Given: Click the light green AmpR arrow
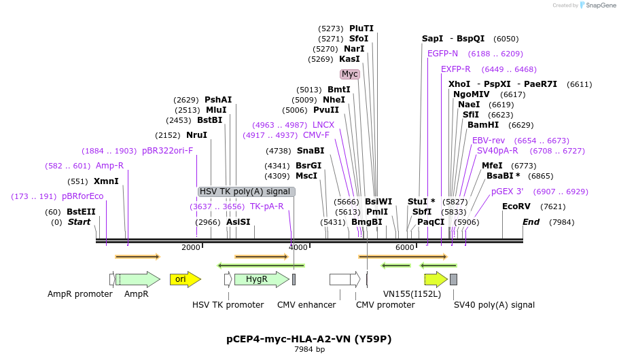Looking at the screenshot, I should (x=139, y=279).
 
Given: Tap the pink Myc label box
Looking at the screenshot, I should (x=349, y=74).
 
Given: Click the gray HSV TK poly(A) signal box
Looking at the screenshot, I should (x=246, y=192).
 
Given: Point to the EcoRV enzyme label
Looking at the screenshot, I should (x=516, y=206).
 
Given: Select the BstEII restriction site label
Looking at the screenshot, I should (x=81, y=212).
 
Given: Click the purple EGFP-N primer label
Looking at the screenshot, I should (x=442, y=54).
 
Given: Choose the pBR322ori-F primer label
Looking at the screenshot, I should (x=167, y=151).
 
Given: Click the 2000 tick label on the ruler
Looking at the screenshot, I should (x=191, y=247).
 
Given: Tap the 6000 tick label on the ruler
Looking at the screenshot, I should (x=405, y=247).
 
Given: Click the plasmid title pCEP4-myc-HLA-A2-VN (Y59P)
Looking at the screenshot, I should (x=309, y=338).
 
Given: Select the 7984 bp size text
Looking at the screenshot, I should (x=309, y=349).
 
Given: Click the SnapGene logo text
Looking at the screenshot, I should (x=599, y=5).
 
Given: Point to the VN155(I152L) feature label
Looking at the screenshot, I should (x=412, y=294).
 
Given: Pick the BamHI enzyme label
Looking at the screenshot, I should (x=483, y=125).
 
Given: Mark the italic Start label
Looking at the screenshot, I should (x=79, y=222).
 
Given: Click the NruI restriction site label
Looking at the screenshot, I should (x=196, y=135).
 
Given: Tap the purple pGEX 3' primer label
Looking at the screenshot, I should (x=507, y=192).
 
